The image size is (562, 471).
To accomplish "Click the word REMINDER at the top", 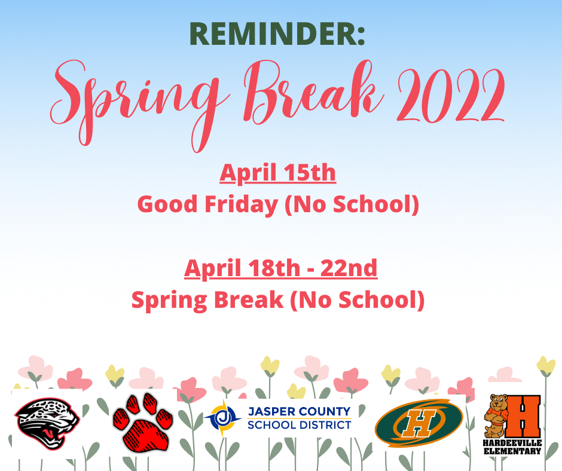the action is (273, 33).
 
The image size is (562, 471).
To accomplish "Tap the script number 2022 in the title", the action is (451, 95).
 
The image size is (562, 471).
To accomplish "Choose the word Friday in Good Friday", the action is (241, 204).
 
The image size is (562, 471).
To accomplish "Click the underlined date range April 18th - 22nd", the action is (280, 268).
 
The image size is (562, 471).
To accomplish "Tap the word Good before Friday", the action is (167, 204).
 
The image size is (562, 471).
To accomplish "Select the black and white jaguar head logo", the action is (47, 423).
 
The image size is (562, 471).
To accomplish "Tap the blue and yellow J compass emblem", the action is (223, 418).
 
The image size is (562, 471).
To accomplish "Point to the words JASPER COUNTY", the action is (300, 411).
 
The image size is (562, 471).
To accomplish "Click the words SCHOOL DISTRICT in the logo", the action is (300, 425).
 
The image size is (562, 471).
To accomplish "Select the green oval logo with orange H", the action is (419, 423).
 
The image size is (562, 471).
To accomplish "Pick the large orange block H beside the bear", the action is (523, 417).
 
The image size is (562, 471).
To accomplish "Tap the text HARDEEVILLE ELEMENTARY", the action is (512, 447).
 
